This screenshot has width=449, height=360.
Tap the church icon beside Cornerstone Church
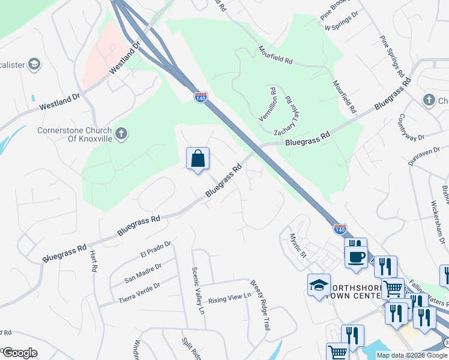pyautogui.click(x=121, y=133)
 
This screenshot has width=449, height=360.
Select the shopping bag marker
pyautogui.click(x=197, y=159)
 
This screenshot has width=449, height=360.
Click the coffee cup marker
pyautogui.click(x=356, y=256)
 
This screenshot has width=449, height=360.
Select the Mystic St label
pyautogui.click(x=298, y=246)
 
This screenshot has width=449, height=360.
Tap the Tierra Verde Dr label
pyautogui.click(x=140, y=290)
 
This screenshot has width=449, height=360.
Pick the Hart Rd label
pyautogui.click(x=94, y=262)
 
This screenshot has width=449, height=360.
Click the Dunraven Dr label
pyautogui.click(x=424, y=158)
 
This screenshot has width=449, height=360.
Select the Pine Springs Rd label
pyautogui.click(x=391, y=56)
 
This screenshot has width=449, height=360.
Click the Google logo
pyautogui.click(x=20, y=353)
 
